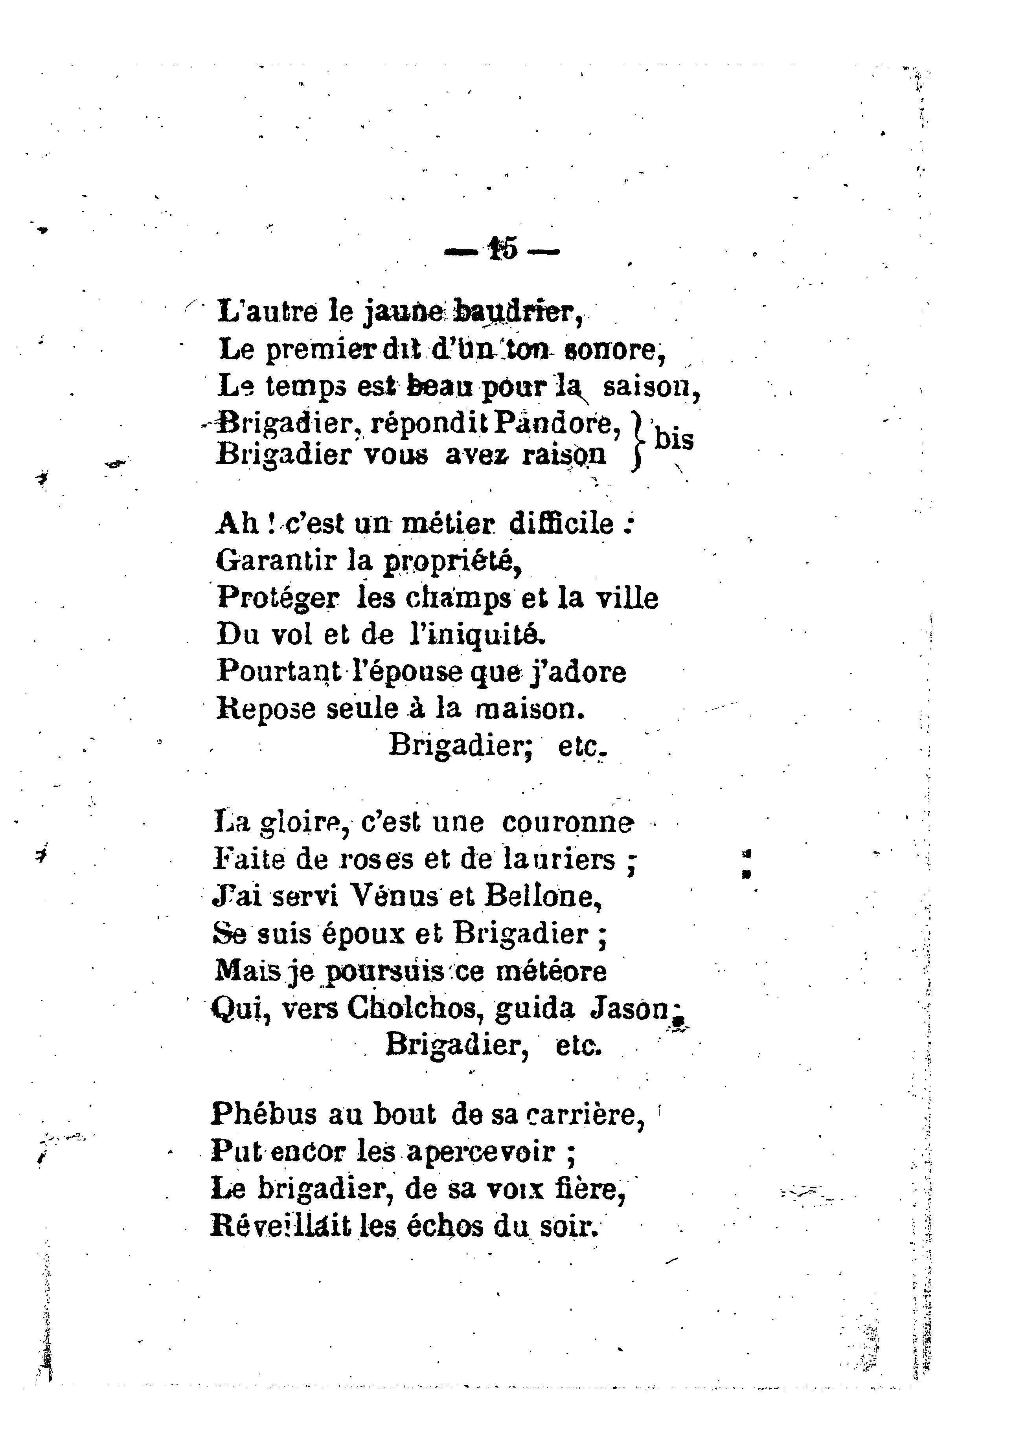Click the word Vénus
[393, 896]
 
